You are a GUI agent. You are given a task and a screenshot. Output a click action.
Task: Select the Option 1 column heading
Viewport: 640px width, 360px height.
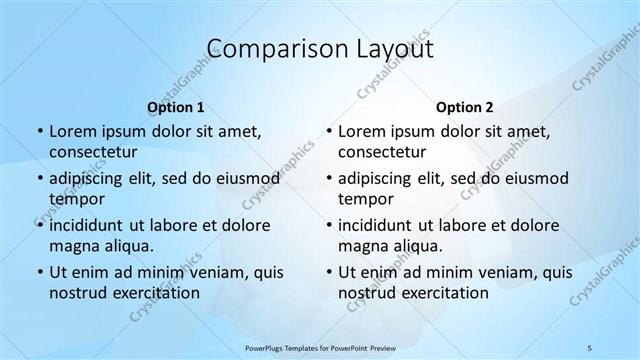(x=175, y=107)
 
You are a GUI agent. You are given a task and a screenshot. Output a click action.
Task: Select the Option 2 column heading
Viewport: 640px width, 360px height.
(x=464, y=107)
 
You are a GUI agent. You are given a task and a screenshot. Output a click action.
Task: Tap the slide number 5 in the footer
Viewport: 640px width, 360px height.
(x=590, y=347)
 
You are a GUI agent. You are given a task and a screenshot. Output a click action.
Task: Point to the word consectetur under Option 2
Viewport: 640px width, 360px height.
(x=382, y=152)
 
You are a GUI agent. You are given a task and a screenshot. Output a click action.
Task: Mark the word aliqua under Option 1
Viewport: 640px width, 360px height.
(x=128, y=246)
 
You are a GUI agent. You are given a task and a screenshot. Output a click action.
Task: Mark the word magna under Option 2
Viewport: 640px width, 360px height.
(x=361, y=246)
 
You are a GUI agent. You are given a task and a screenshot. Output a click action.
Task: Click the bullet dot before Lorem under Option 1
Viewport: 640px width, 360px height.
(x=39, y=132)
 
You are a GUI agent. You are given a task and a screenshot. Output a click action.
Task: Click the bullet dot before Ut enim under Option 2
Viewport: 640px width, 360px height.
(x=328, y=272)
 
